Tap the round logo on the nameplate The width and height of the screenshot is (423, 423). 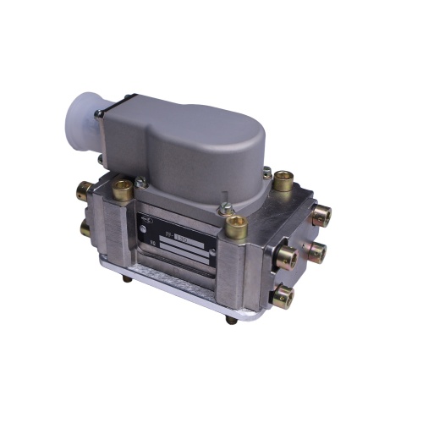point(146,219)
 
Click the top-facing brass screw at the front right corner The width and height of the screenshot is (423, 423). point(238,225)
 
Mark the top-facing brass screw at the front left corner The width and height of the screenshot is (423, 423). point(122,188)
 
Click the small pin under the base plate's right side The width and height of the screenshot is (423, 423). point(229,319)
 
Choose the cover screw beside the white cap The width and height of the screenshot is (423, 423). point(99,113)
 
